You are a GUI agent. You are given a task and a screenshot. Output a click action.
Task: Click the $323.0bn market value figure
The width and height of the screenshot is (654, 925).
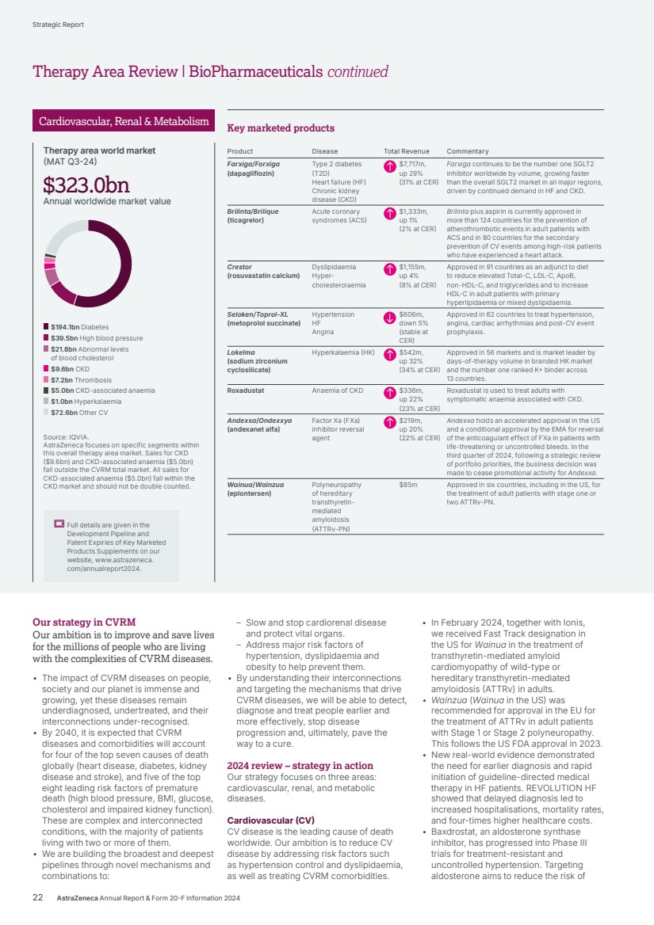[x=86, y=185]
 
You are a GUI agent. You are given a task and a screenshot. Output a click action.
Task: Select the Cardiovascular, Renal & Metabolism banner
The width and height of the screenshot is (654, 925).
[x=124, y=121]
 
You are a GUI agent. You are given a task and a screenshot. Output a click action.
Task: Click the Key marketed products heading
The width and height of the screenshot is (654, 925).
[x=281, y=128]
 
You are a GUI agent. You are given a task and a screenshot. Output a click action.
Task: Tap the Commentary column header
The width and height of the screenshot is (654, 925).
[x=467, y=151]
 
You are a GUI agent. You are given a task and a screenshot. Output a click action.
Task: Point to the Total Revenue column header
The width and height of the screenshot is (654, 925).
[x=407, y=151]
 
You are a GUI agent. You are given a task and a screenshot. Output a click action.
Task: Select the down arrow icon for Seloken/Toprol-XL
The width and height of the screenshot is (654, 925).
[x=389, y=318]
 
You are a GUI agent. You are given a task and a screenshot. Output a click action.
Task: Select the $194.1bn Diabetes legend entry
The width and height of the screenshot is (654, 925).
[x=76, y=326]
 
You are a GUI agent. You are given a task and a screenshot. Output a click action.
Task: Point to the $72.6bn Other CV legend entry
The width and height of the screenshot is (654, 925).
[x=76, y=413]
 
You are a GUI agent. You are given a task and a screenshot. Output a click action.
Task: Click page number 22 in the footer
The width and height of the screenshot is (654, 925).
[x=37, y=898]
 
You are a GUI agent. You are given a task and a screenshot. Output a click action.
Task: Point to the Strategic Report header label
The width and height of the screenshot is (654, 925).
[x=58, y=25]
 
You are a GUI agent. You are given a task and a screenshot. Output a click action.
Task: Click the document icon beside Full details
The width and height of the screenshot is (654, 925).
[x=59, y=524]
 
